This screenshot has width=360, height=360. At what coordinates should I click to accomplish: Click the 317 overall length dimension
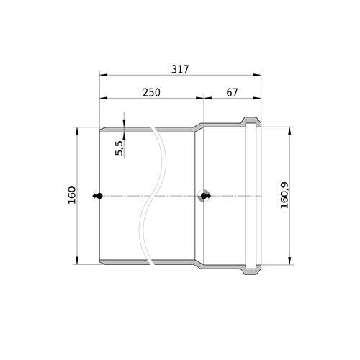point(180,69)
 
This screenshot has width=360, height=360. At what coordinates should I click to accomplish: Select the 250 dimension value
point(151,93)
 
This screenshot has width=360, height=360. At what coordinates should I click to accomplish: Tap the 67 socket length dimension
point(232,93)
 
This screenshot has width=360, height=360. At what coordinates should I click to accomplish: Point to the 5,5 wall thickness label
point(120,148)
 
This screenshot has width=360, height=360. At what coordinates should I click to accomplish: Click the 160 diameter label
point(72,195)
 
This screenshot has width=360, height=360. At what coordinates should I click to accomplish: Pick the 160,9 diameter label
point(284,195)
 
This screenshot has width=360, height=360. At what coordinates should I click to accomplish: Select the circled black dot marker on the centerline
point(204,196)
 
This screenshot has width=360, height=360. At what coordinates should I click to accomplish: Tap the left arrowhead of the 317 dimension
point(104,75)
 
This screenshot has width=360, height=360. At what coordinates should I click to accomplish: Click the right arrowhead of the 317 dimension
point(257,75)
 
